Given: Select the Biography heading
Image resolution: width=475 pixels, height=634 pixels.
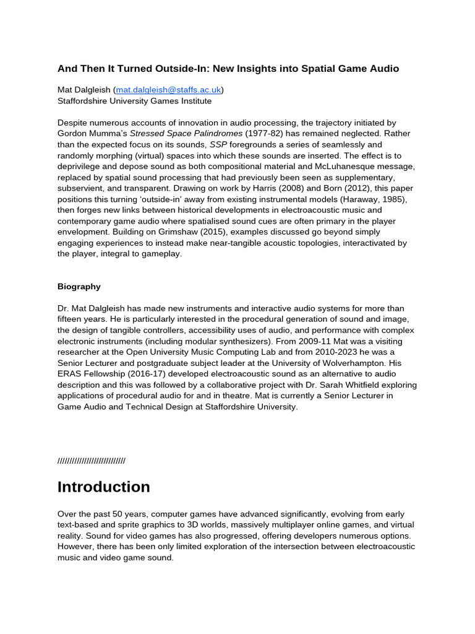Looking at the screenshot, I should (79, 287).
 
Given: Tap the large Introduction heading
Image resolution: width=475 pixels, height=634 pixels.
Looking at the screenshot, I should (103, 487).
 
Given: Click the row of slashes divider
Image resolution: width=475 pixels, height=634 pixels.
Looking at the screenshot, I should (91, 460).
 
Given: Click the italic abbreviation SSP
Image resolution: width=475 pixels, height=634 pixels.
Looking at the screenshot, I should (219, 145).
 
